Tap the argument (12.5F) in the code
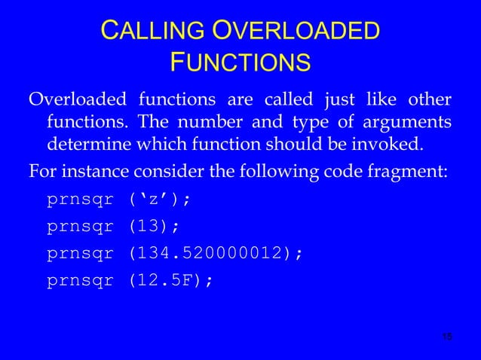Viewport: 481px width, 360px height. [167, 280]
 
